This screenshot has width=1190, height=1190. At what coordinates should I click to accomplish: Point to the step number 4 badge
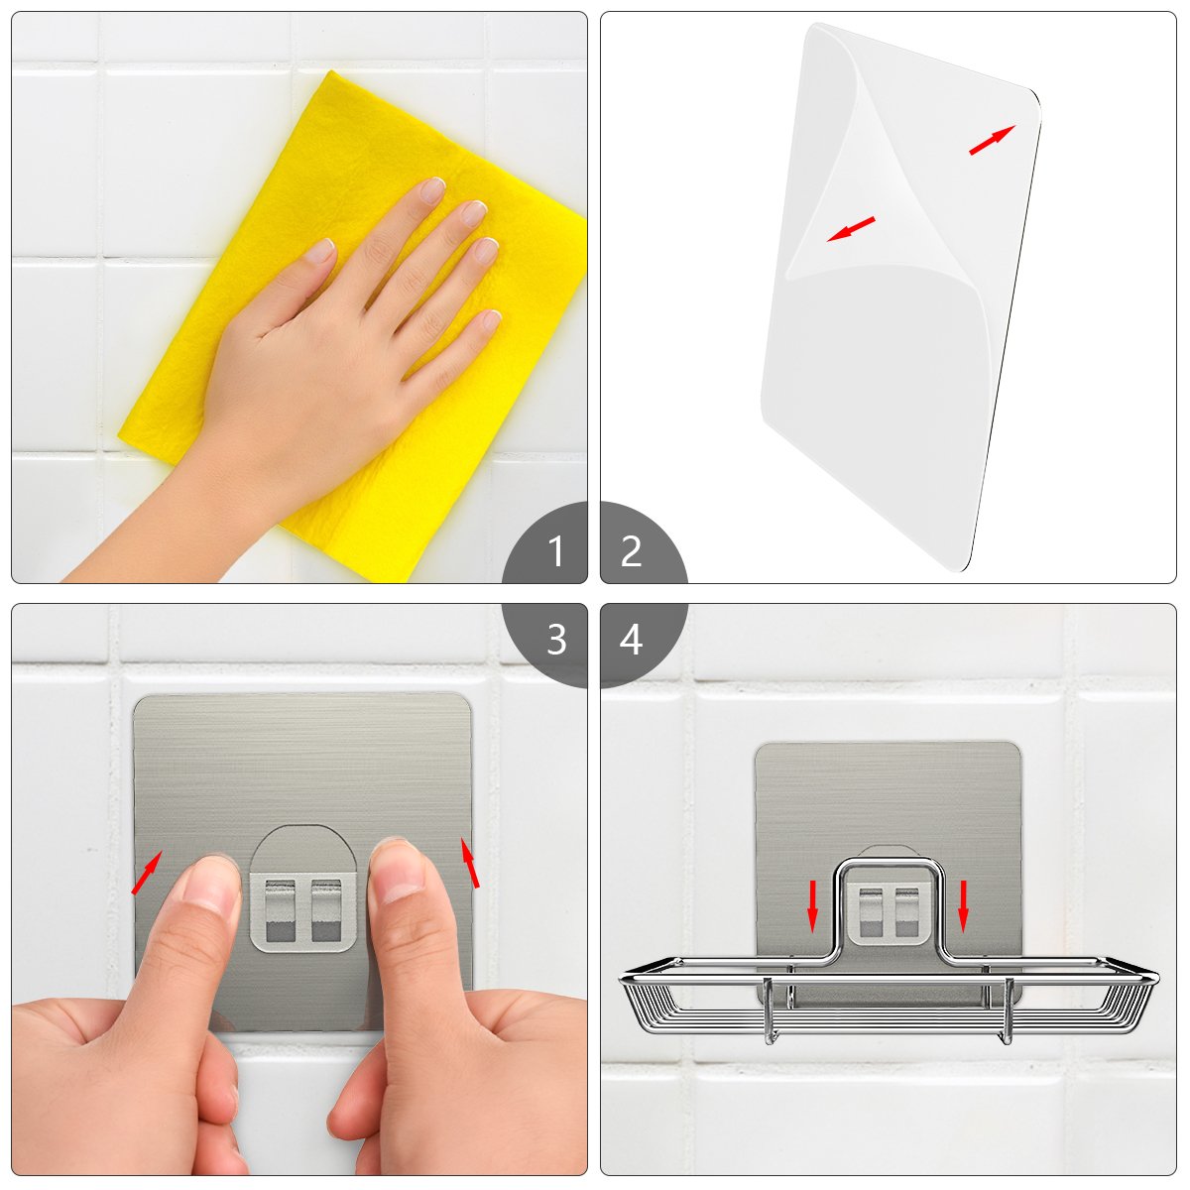coord(640,643)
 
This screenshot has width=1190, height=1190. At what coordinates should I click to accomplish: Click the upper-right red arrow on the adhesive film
coord(992,140)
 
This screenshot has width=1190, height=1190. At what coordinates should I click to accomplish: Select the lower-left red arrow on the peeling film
coord(851,229)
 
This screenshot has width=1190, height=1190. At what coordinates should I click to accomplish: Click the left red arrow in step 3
coord(147,872)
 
